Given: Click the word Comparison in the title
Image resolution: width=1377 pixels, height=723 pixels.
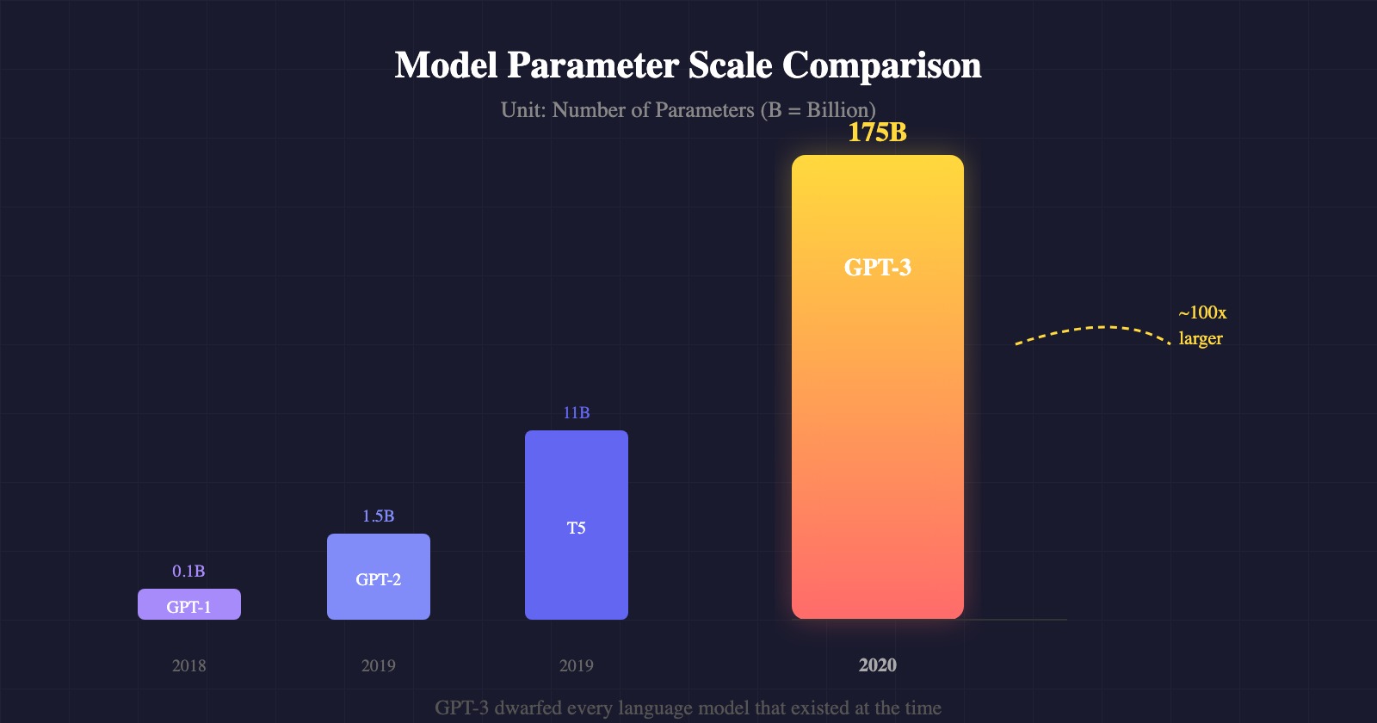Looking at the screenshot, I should [881, 66].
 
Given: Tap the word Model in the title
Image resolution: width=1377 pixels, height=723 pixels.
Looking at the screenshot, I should [446, 66].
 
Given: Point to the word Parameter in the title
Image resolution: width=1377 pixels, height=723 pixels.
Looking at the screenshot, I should [593, 66].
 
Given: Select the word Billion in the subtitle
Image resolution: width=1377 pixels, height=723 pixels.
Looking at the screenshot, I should [837, 110].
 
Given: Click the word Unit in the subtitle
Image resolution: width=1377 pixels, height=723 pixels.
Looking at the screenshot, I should [522, 110].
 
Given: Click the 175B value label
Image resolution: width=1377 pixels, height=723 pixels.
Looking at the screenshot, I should [877, 133].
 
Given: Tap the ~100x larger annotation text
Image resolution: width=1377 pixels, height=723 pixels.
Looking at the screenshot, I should [1201, 325].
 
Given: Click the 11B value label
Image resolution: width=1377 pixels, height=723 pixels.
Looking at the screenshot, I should [576, 413].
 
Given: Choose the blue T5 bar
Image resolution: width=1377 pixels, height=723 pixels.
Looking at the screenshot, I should [576, 525].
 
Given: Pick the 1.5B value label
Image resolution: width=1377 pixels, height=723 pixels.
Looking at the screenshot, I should [378, 516].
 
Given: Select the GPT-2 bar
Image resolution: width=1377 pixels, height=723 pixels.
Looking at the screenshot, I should [378, 577].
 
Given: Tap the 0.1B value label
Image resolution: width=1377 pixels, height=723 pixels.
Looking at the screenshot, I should [188, 572].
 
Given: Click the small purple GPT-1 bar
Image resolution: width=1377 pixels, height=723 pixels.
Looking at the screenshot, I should [188, 605].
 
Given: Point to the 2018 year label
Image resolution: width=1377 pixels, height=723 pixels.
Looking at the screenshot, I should [188, 665].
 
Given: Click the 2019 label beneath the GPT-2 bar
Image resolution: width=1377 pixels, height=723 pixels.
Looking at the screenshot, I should [378, 665].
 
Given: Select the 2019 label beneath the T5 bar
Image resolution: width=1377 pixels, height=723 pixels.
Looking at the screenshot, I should [576, 665].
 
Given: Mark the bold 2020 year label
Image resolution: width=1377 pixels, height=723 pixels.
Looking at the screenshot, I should [877, 665].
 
